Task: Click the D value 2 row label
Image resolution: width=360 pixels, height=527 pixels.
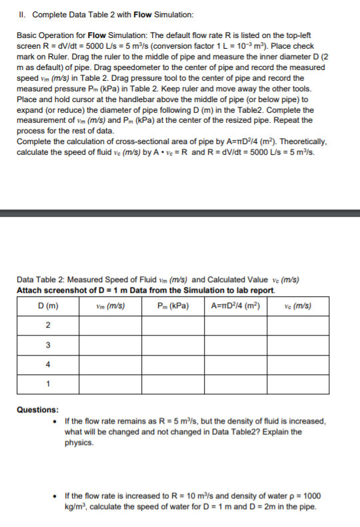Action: [x=47, y=326]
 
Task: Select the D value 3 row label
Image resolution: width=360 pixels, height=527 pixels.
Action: [x=47, y=346]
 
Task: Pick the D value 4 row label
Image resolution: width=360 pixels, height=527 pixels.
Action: [x=47, y=365]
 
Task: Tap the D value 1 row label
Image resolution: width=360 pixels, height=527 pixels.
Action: [x=47, y=384]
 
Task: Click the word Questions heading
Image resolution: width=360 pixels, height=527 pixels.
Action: [x=37, y=410]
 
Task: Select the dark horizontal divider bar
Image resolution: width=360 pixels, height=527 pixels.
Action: [x=180, y=213]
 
